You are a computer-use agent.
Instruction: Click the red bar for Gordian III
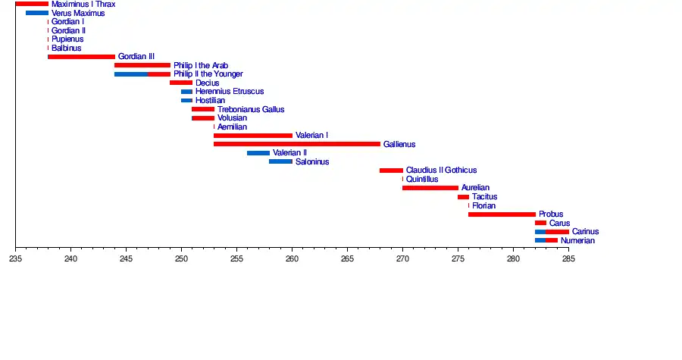point(81,57)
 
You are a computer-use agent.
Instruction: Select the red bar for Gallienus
point(297,144)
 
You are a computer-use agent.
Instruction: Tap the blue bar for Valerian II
point(258,153)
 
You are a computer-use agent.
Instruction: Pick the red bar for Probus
point(502,214)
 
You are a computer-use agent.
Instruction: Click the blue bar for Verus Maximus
point(37,14)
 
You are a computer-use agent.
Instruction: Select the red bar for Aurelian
point(430,188)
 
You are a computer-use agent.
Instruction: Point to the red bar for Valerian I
point(253,136)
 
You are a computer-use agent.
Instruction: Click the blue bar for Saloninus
point(280,161)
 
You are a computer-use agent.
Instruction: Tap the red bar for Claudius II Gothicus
point(391,171)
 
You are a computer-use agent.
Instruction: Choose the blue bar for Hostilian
point(186,100)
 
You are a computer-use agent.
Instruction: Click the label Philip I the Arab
point(201,66)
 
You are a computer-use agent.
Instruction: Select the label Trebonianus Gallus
point(251,109)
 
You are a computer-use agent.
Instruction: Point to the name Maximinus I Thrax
point(83,5)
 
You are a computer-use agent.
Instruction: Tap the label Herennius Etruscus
point(230,92)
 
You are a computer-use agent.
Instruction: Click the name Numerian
point(577,241)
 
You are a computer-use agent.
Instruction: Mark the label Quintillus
point(422,180)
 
